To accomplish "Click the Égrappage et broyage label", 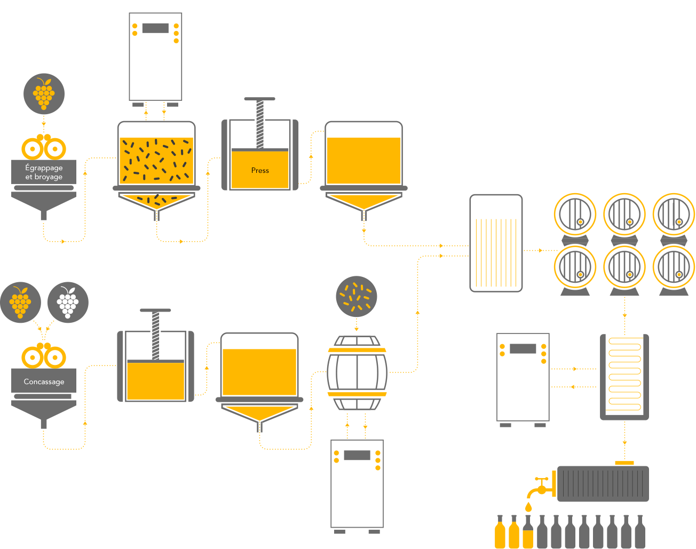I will [x=44, y=172].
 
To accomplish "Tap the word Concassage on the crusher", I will [x=44, y=381].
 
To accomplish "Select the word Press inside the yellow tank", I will [x=260, y=170].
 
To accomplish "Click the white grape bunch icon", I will [x=68, y=303].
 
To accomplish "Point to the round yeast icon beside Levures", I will [x=357, y=297].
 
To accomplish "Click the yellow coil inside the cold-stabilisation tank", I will [x=624, y=375].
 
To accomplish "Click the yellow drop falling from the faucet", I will [x=528, y=506].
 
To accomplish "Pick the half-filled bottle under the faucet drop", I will [x=528, y=532].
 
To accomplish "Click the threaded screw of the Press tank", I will [x=260, y=124].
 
